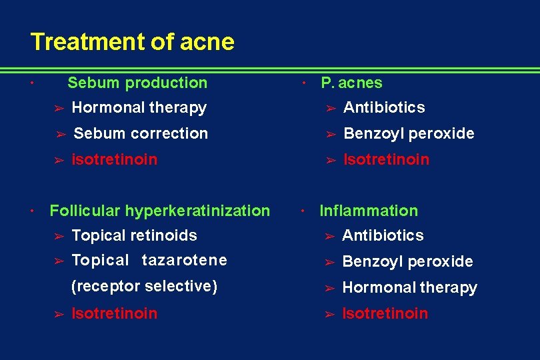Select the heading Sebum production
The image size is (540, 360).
pyautogui.click(x=137, y=83)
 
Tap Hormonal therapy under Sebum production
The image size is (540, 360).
pyautogui.click(x=139, y=107)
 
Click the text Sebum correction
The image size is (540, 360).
pyautogui.click(x=141, y=133)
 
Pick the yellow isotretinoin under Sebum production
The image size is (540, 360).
pyautogui.click(x=114, y=159)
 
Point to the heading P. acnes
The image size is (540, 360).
pyautogui.click(x=351, y=83)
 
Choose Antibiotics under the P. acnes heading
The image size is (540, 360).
pyautogui.click(x=383, y=107)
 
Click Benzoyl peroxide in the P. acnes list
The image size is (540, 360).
pyautogui.click(x=409, y=133)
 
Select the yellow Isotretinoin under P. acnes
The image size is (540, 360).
pyautogui.click(x=386, y=159)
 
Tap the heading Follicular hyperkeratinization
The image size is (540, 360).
pyautogui.click(x=160, y=211)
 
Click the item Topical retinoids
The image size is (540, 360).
pyautogui.click(x=134, y=235)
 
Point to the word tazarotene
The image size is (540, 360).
pyautogui.click(x=185, y=260)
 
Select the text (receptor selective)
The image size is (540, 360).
pyautogui.click(x=144, y=286)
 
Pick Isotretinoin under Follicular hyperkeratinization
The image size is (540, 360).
pyautogui.click(x=114, y=313)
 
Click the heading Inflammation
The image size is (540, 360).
pyautogui.click(x=369, y=211)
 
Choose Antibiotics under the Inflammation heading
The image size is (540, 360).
pyautogui.click(x=383, y=235)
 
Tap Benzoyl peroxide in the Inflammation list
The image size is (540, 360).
pyautogui.click(x=407, y=261)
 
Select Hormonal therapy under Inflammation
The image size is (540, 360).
pyautogui.click(x=409, y=287)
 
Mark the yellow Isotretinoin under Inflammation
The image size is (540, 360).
pyautogui.click(x=385, y=313)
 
